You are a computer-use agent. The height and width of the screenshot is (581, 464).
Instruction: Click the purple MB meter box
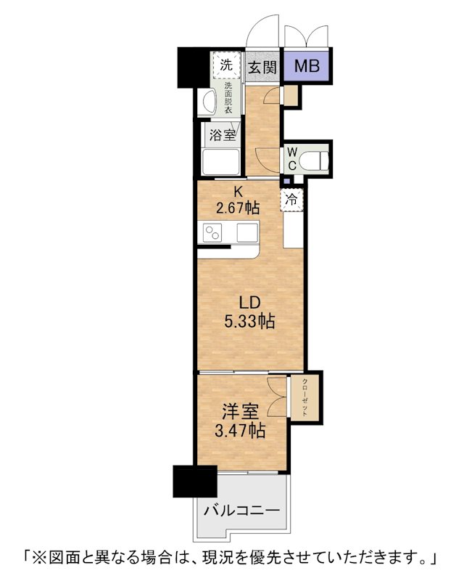307,67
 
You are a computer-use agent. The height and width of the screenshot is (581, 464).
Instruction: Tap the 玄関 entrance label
262,68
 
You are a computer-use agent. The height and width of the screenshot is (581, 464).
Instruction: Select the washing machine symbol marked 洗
225,65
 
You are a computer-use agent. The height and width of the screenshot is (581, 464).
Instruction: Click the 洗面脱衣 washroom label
228,97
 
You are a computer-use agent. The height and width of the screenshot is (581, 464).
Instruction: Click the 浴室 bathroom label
223,135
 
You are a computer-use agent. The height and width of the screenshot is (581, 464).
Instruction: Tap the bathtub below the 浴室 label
220,161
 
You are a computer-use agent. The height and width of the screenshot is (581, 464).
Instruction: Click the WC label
292,158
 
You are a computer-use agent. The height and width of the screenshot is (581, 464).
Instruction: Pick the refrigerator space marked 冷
292,200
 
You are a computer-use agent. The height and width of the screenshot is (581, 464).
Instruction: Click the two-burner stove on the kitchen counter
212,232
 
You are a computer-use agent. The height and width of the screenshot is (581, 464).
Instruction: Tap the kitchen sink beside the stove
246,232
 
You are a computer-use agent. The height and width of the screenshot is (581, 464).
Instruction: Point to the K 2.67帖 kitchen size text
237,200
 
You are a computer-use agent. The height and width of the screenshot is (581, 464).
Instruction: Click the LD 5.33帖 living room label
249,312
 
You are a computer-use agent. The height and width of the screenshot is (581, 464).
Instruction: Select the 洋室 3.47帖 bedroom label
240,421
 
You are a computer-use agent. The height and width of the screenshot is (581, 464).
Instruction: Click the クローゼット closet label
304,398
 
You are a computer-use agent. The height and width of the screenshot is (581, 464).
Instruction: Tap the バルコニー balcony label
242,511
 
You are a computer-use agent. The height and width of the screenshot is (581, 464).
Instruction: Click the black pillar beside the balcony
194,481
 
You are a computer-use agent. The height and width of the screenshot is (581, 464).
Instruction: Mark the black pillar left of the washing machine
193,68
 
